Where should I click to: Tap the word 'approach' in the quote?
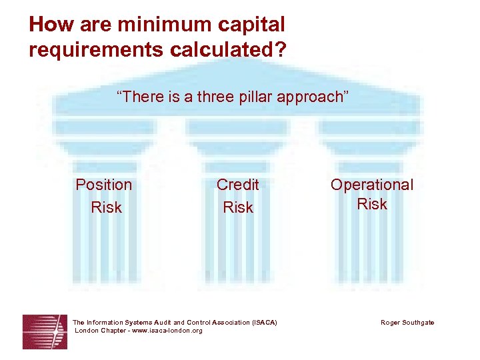[x=311, y=97]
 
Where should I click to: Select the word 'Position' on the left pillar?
[x=104, y=185]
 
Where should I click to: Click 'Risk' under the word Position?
[x=107, y=207]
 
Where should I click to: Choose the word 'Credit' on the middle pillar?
[x=238, y=185]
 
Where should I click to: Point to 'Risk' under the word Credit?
[x=238, y=207]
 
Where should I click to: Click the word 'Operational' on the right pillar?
[x=372, y=185]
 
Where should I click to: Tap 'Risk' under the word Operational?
[x=372, y=204]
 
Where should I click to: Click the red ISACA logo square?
[x=45, y=331]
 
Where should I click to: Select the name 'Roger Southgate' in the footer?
[x=407, y=323]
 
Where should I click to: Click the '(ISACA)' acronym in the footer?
[x=265, y=323]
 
